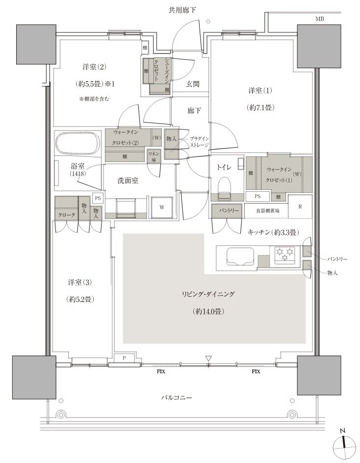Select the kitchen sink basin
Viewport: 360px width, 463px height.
(x=240, y=257)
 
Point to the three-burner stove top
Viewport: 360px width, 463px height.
(x=284, y=255)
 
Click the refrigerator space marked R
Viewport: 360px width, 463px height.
(x=300, y=206)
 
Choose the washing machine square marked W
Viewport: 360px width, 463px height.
(x=162, y=207)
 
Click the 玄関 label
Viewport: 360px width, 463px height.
(x=193, y=84)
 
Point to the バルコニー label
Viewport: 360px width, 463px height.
(x=176, y=397)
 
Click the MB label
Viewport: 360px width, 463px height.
(x=320, y=19)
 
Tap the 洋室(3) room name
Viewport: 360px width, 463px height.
(x=80, y=283)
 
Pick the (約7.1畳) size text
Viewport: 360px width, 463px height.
(x=260, y=108)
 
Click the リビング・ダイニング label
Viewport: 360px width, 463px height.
(x=208, y=294)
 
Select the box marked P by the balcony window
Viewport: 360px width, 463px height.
(x=124, y=358)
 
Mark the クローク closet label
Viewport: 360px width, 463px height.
(x=67, y=215)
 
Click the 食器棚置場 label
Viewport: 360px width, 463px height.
(x=268, y=210)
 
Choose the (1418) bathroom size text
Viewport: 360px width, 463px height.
(x=77, y=174)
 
